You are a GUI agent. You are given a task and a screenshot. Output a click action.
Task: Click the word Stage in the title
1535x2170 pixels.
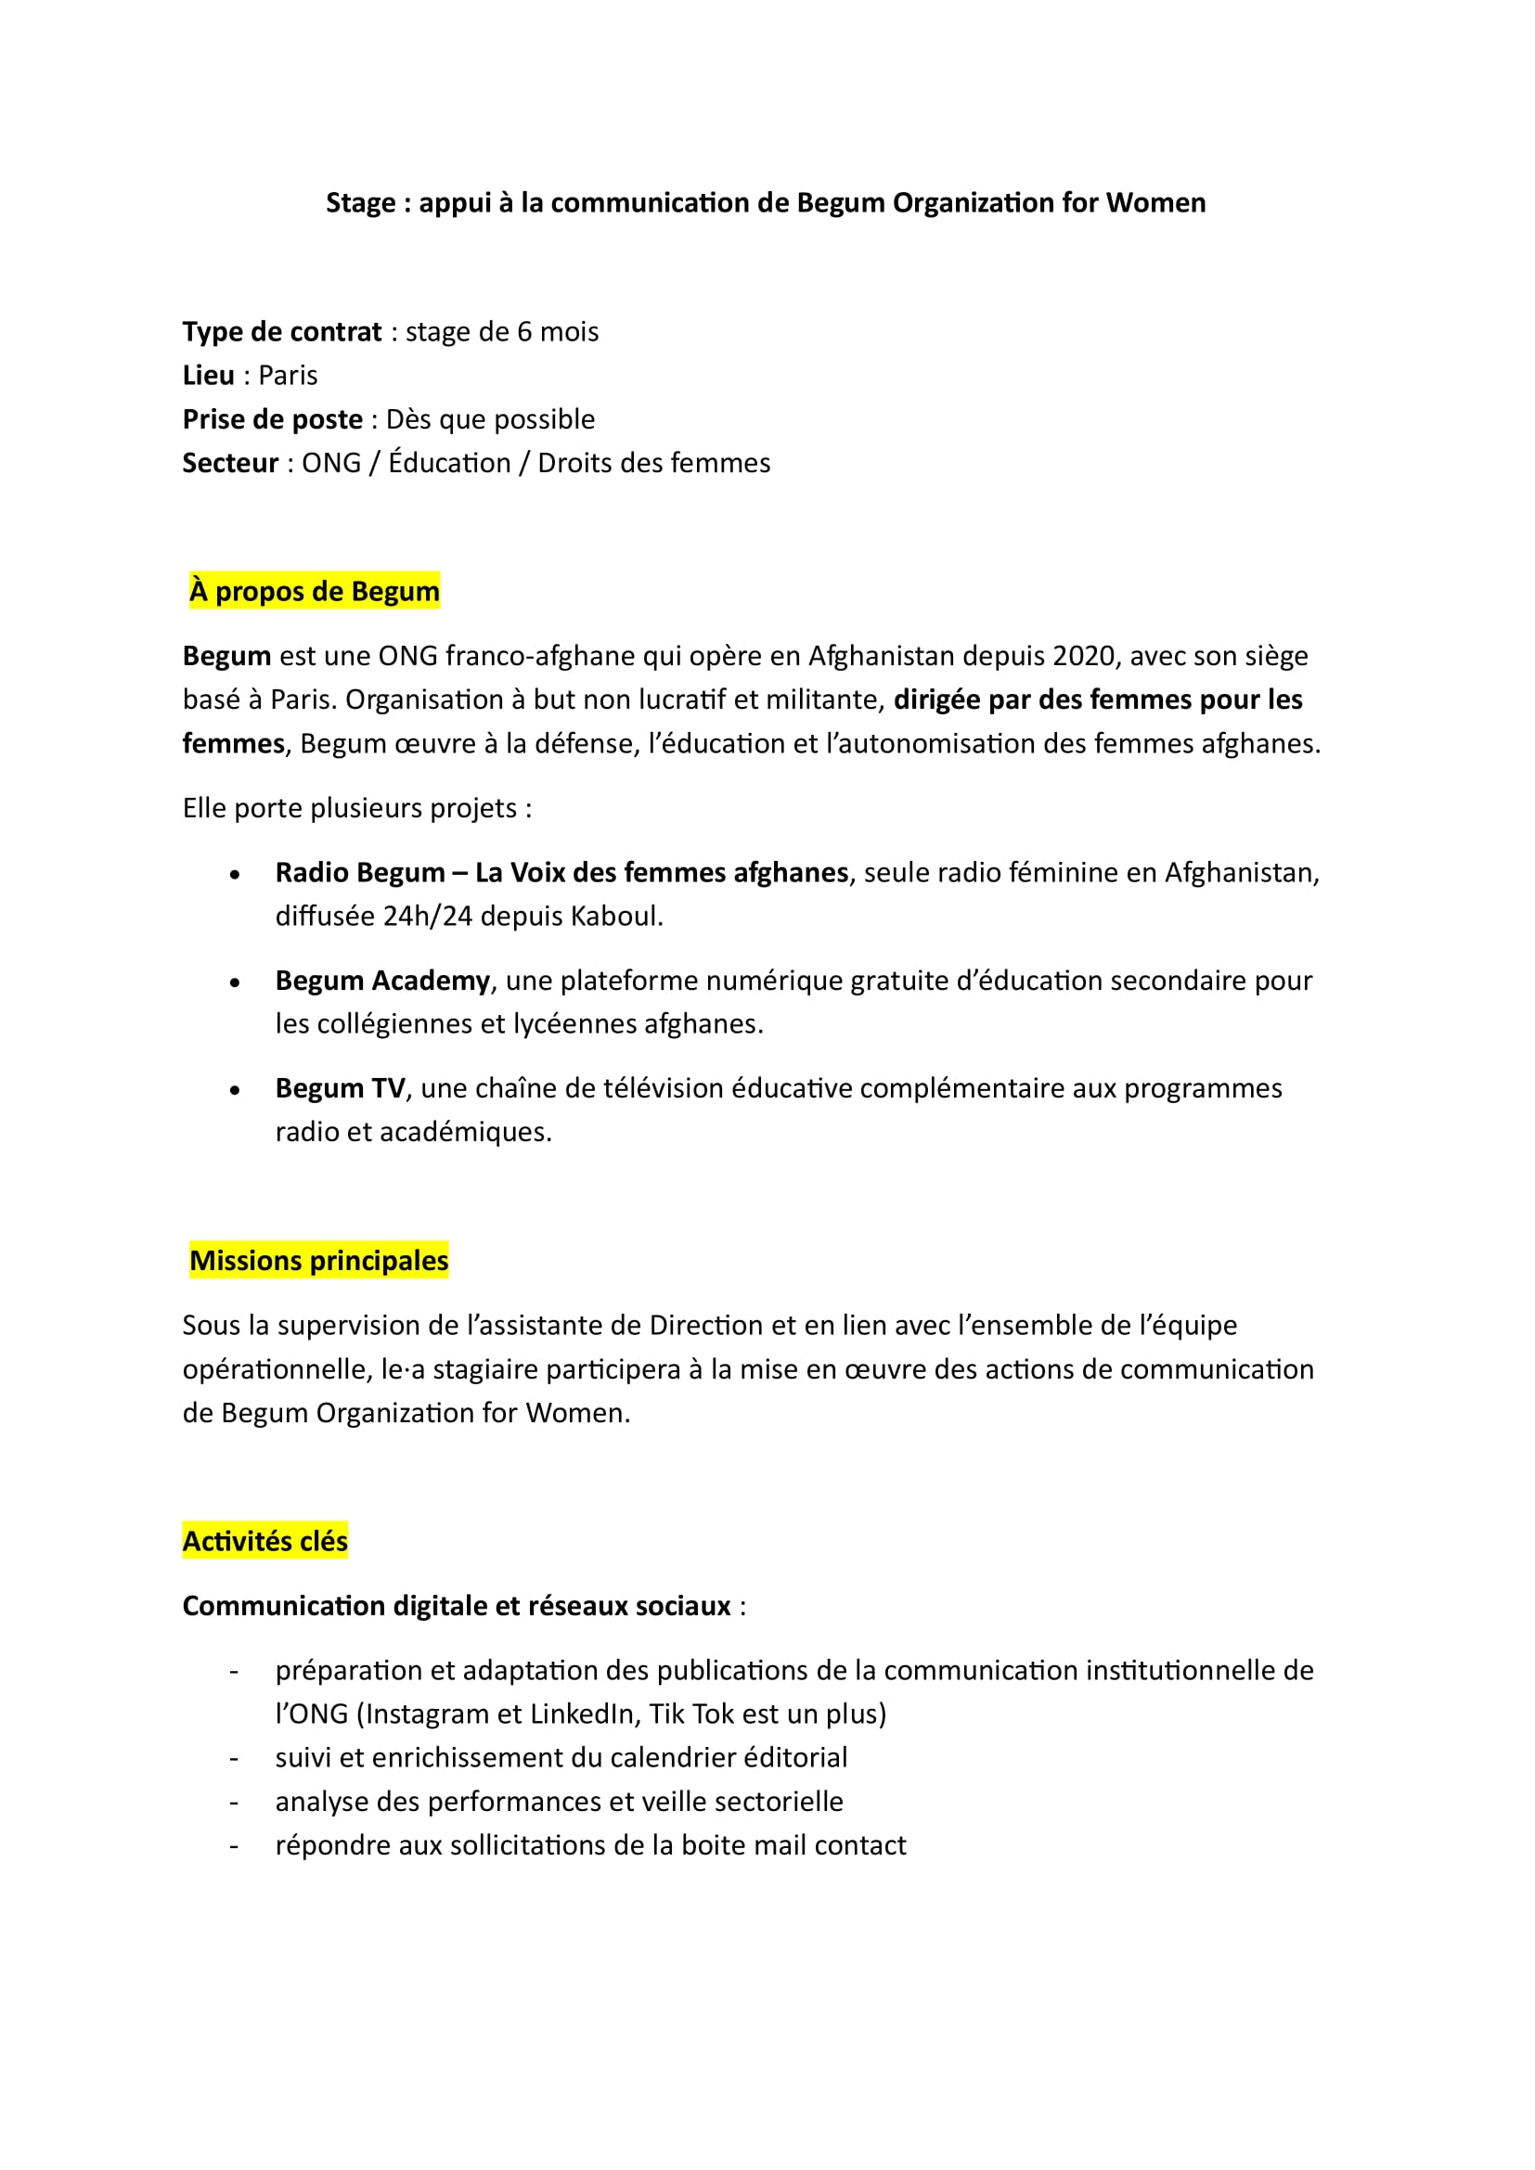coord(360,203)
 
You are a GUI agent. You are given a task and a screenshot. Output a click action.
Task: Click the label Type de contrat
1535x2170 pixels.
coord(282,332)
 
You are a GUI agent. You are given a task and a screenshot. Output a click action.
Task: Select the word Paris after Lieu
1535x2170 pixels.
coord(288,375)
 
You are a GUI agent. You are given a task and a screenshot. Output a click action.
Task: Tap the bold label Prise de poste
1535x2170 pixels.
coord(272,418)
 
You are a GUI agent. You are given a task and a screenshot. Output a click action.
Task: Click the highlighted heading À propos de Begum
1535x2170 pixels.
coord(315,592)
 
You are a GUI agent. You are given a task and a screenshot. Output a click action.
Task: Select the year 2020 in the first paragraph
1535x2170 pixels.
coord(1085,656)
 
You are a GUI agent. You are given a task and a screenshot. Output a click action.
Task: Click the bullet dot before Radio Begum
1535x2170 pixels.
coord(235,874)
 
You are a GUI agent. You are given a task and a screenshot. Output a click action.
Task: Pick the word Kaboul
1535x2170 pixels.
coord(616,917)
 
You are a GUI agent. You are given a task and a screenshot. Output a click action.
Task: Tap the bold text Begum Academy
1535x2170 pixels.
coord(381,981)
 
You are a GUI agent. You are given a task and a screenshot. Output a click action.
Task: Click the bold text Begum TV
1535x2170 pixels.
coord(340,1089)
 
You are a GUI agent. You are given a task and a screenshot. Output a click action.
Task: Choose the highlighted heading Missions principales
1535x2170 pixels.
coord(318,1261)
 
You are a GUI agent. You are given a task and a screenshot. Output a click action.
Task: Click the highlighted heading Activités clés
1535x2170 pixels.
coord(265,1542)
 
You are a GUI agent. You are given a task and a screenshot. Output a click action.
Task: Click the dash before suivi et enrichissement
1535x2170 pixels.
coord(235,1758)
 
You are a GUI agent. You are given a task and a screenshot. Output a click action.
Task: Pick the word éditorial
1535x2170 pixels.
coord(795,1758)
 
